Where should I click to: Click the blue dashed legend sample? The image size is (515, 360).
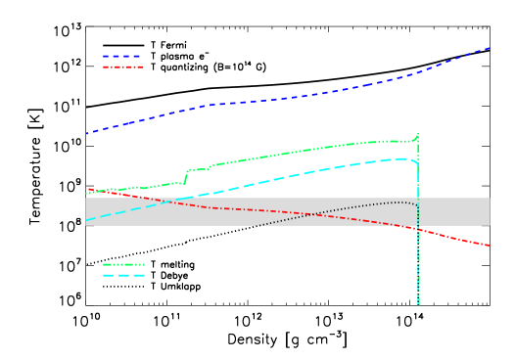click(x=122, y=57)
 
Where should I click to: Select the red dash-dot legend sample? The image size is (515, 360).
click(x=123, y=67)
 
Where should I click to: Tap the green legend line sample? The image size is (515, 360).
click(x=123, y=264)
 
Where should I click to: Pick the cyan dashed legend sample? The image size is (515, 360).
click(x=123, y=276)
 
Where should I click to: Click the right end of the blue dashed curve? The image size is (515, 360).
click(x=490, y=47)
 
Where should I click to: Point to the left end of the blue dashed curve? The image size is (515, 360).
click(x=86, y=133)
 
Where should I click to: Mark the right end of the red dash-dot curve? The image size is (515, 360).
click(x=490, y=246)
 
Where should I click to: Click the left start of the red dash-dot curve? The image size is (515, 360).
click(x=86, y=189)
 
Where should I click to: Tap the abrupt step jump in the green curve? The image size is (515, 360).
click(x=186, y=176)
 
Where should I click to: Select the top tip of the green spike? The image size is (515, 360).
click(x=418, y=133)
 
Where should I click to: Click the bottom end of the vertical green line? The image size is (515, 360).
click(x=418, y=304)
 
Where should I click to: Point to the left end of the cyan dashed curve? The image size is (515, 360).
click(x=86, y=220)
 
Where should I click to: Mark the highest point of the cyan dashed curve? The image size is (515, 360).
click(x=401, y=158)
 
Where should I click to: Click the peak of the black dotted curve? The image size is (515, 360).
click(x=397, y=202)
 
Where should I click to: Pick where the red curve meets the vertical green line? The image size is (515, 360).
click(x=418, y=230)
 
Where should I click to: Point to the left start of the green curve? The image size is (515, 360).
click(x=86, y=193)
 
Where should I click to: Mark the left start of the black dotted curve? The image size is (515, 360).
click(x=257, y=225)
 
